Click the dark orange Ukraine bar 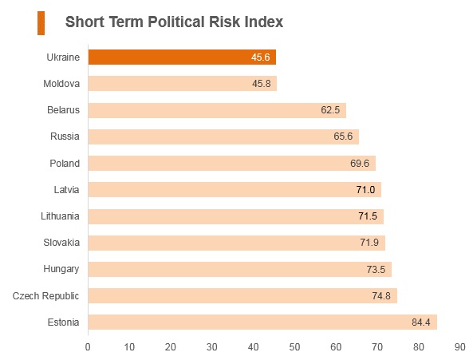point(182,57)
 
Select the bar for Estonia point(262,322)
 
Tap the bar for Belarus point(217,110)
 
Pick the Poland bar point(232,164)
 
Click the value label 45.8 point(262,84)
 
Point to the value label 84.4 point(421,322)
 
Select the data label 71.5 point(368,216)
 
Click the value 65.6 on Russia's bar point(343,136)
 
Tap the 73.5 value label point(376,269)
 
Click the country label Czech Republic point(45,295)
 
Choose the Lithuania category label point(60,216)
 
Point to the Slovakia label point(61,243)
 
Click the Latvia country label point(66,189)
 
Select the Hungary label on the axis point(61,269)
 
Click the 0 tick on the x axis point(88,347)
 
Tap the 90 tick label point(460,347)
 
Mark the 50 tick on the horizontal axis point(294,347)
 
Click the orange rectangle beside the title point(41,23)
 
